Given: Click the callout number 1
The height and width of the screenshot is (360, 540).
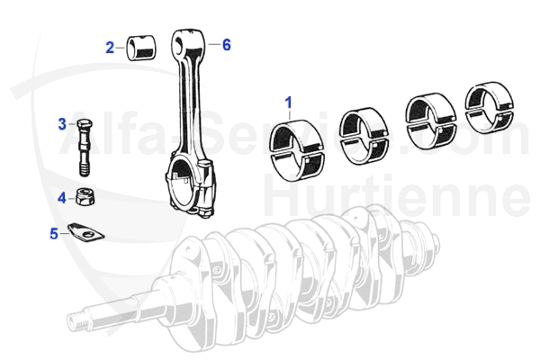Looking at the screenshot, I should click(289, 103).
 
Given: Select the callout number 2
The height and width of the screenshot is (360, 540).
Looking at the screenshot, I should click(109, 47).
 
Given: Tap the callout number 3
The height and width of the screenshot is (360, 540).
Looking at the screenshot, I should click(62, 123).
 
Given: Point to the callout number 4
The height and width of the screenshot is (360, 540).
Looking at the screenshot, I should click(62, 195).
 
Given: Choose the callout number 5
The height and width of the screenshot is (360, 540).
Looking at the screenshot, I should click(53, 234).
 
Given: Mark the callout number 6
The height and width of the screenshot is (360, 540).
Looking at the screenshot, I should click(226, 43).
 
